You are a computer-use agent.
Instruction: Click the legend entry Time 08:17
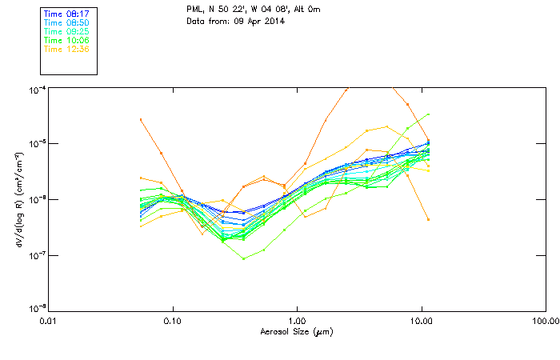[x=67, y=14]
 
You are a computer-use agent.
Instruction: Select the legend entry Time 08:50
[x=67, y=22]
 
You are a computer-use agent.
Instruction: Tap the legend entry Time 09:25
[x=67, y=31]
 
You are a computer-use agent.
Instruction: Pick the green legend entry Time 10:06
[x=67, y=40]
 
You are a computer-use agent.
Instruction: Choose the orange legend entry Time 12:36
[x=67, y=49]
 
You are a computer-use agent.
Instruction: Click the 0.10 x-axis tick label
[x=172, y=321]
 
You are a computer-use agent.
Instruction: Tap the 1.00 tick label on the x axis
[x=297, y=321]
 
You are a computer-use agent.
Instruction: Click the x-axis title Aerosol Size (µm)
[x=296, y=331]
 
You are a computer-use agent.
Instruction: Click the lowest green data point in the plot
[x=244, y=258]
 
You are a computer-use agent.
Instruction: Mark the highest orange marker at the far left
[x=141, y=119]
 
